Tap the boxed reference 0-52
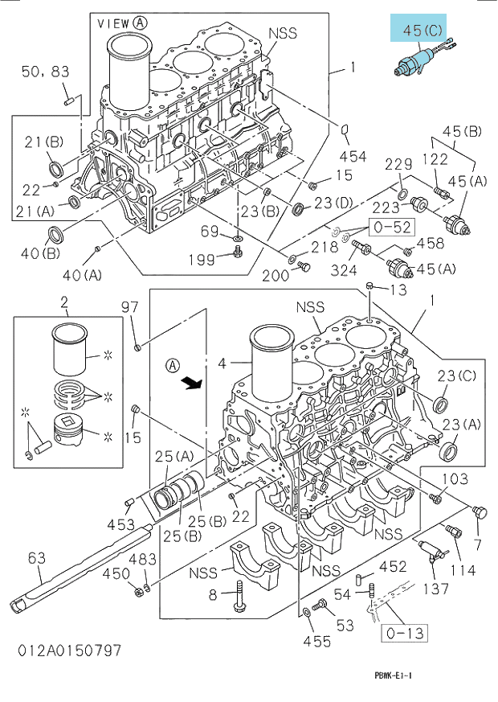[x=392, y=227]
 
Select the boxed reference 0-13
[x=404, y=633]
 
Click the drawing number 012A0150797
[x=69, y=650]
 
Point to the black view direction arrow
[x=192, y=383]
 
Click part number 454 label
[x=353, y=156]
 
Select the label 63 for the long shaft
[x=37, y=558]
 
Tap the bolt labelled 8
[x=239, y=595]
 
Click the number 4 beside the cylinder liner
[x=222, y=363]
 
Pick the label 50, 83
[x=46, y=72]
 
